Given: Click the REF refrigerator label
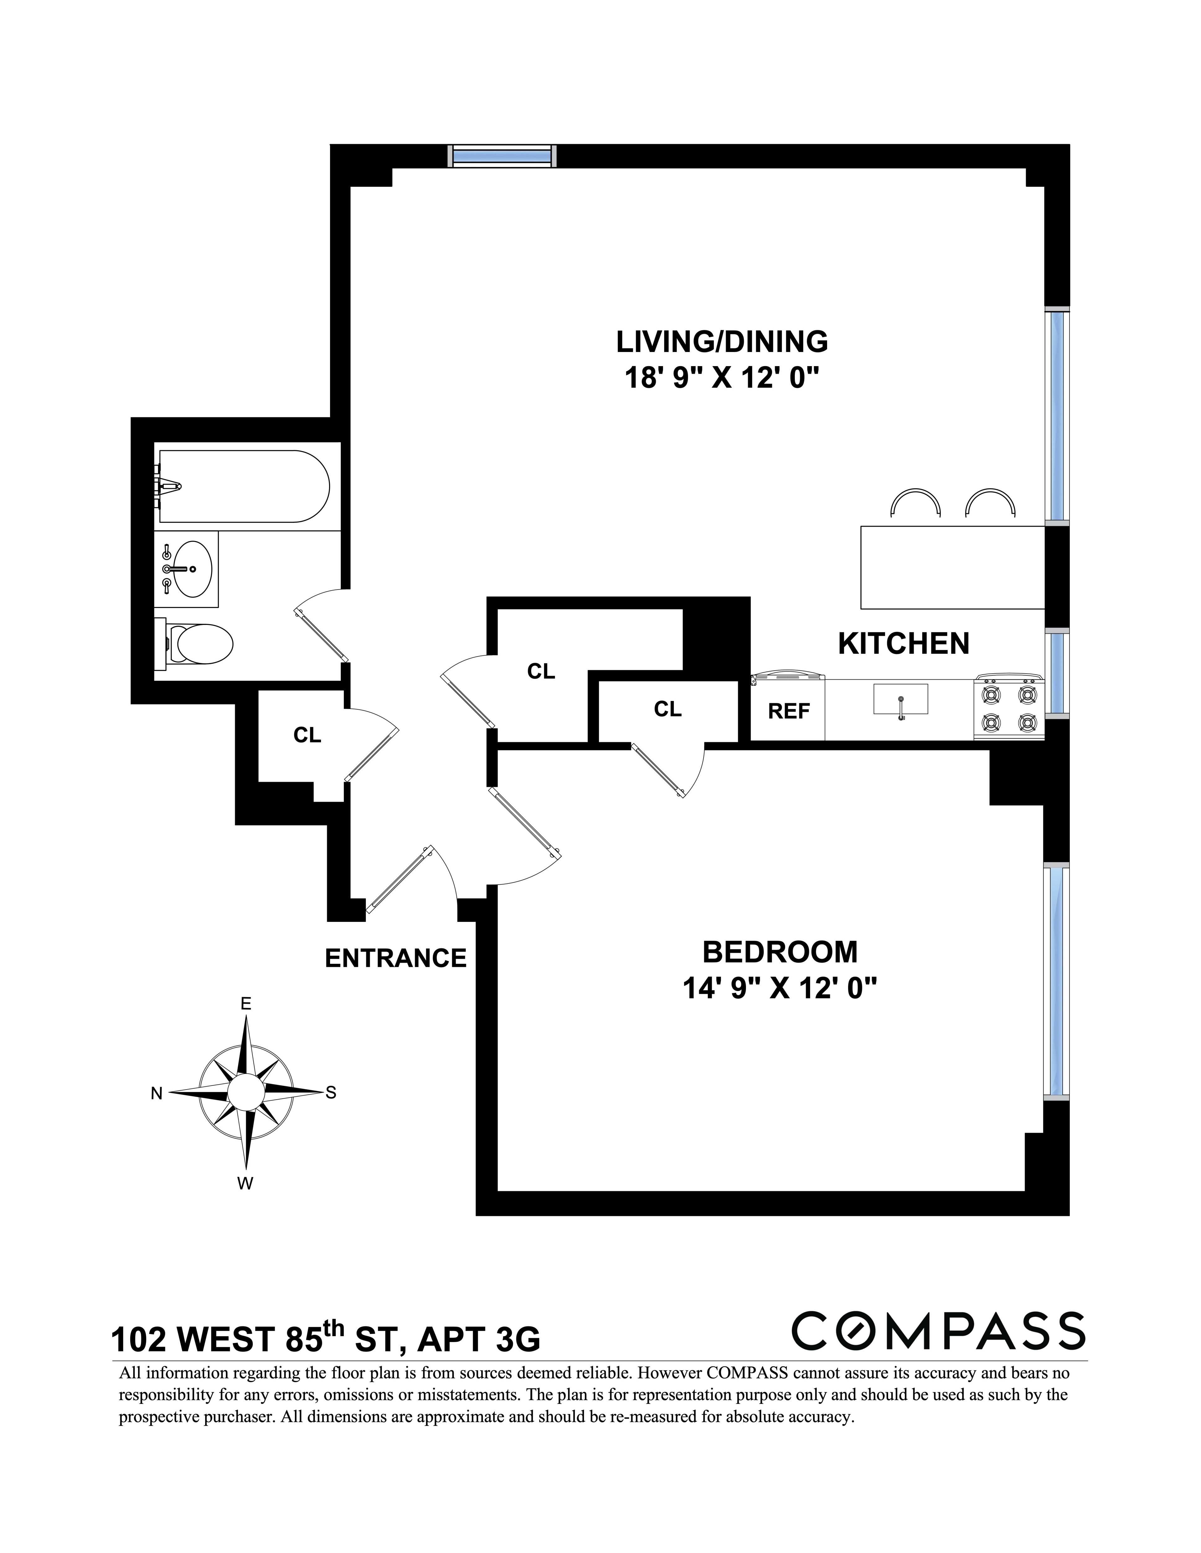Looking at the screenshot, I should tap(788, 711).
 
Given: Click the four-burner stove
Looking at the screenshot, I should tap(1008, 708).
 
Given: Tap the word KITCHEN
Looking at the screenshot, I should tap(903, 644).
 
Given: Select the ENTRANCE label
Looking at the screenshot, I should tap(396, 958).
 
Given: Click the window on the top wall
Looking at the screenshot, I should tap(502, 156).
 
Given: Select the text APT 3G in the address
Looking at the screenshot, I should tap(478, 1341).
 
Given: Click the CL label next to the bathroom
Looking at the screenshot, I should tap(307, 735).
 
